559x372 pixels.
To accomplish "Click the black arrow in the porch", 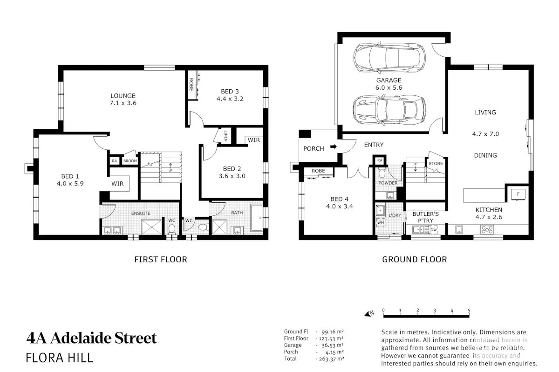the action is pos(334,146).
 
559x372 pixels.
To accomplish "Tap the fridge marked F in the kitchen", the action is pos(518,194).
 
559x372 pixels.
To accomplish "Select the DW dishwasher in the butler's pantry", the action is pos(434,230).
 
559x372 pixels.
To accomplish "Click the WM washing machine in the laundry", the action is pos(381,223).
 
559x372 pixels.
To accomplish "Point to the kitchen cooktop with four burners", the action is pos(487,230).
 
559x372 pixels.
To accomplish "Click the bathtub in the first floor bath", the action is pos(257,218).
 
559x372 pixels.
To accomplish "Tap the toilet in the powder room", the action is pos(382,173).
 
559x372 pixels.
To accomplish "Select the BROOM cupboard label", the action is pos(130,161).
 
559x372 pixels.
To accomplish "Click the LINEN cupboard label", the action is pos(226,136).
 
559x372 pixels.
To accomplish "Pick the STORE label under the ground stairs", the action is pos(436,164).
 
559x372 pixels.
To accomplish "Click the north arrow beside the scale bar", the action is pos(369,313).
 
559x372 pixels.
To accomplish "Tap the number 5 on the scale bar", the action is pos(469,311).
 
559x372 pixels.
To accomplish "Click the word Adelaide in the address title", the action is pos(81,338).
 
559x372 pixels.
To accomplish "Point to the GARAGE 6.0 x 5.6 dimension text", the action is pos(389,88).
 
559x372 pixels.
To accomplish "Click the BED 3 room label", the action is pos(230,92).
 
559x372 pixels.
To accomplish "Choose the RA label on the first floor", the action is pos(114,161).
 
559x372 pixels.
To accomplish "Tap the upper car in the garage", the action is pos(389,58).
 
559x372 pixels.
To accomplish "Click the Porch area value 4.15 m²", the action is pos(334,352).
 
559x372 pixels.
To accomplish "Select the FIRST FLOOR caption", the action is pos(161,259).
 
